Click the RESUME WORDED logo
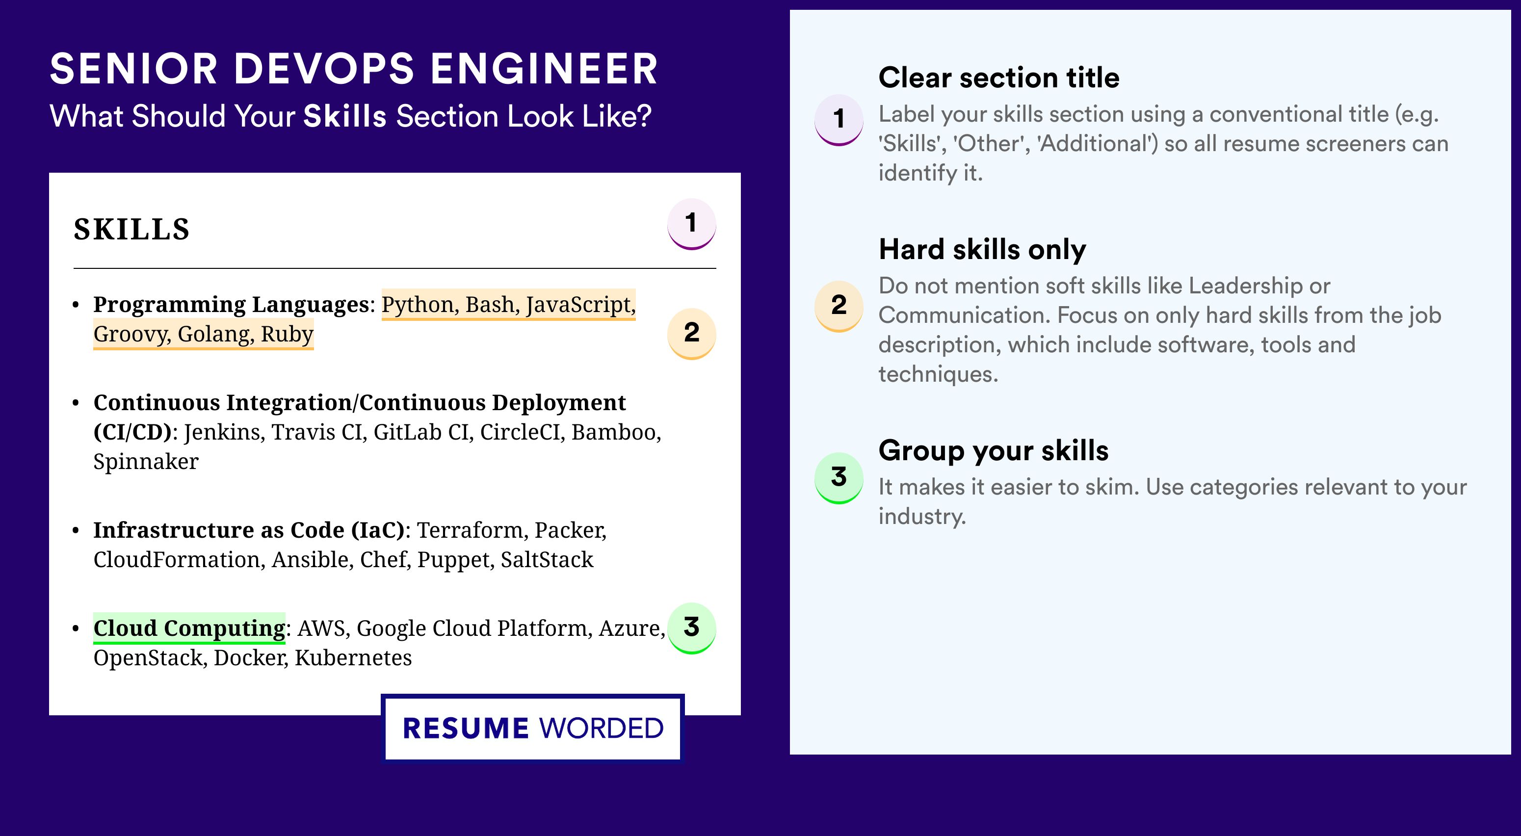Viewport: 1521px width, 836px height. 532,728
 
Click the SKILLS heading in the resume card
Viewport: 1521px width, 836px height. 131,229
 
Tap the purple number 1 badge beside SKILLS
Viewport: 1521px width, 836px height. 691,224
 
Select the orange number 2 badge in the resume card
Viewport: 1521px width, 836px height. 691,334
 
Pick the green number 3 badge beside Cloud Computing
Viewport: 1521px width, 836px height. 691,628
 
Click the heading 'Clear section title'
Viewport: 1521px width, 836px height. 999,78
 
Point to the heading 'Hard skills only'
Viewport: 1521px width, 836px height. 982,249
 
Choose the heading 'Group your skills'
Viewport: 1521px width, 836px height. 994,450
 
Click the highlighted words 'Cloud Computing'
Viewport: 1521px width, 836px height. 189,628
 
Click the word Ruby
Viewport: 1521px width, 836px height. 287,334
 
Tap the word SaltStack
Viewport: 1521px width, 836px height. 547,560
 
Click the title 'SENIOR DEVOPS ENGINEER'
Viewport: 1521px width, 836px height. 354,69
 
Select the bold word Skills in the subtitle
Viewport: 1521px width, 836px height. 345,116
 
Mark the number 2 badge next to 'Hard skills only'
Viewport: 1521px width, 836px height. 839,306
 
